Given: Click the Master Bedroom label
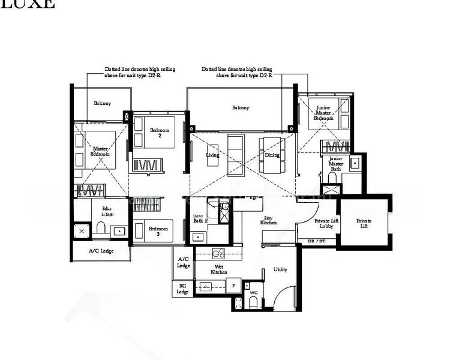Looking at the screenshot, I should pyautogui.click(x=101, y=151).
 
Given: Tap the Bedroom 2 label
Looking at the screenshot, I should pyautogui.click(x=160, y=133).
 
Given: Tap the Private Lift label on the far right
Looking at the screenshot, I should pyautogui.click(x=364, y=224).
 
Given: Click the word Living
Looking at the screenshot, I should pyautogui.click(x=213, y=155).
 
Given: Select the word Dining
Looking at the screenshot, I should pyautogui.click(x=272, y=155).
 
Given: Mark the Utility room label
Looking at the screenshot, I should pyautogui.click(x=280, y=269).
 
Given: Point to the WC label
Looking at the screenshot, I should pyautogui.click(x=253, y=293).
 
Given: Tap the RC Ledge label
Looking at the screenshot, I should pyautogui.click(x=183, y=289).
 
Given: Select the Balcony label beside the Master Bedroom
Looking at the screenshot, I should pyautogui.click(x=102, y=103).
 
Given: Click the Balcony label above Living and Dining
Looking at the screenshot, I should pyautogui.click(x=241, y=107).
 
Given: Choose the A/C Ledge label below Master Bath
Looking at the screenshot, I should pyautogui.click(x=101, y=251).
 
